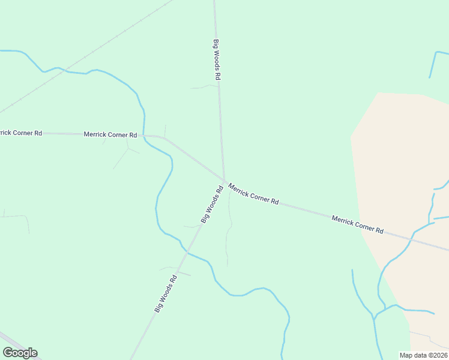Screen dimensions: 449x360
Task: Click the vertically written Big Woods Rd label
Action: (x=217, y=60)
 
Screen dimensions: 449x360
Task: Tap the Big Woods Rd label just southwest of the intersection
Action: (x=212, y=205)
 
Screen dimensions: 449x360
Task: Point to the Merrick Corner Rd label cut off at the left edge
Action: (x=20, y=133)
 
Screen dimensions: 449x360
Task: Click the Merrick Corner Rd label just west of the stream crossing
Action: (x=110, y=134)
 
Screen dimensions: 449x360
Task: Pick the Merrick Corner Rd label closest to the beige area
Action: (x=357, y=224)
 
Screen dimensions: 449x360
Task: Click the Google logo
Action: (x=20, y=353)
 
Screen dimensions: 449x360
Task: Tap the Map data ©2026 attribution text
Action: (x=424, y=355)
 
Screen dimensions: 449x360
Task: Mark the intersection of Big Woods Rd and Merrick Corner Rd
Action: (x=224, y=181)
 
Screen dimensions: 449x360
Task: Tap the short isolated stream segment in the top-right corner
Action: (x=432, y=64)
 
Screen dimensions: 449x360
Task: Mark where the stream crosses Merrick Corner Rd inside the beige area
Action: (x=411, y=238)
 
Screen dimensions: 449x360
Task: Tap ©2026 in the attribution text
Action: (x=437, y=355)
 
